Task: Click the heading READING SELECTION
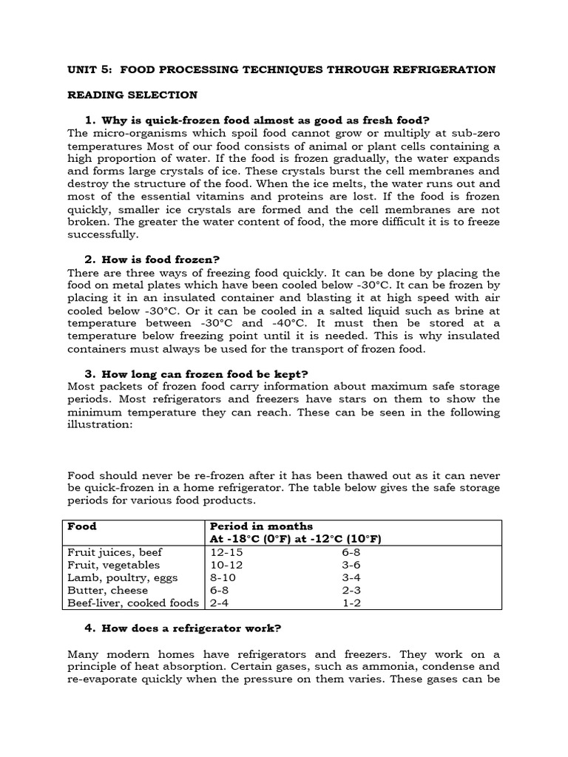click(x=132, y=95)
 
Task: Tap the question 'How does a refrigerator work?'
click(x=191, y=628)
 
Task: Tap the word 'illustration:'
click(x=100, y=424)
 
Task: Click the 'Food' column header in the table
click(x=82, y=526)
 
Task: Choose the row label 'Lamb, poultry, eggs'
click(x=118, y=577)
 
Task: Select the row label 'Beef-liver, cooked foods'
click(x=134, y=602)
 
